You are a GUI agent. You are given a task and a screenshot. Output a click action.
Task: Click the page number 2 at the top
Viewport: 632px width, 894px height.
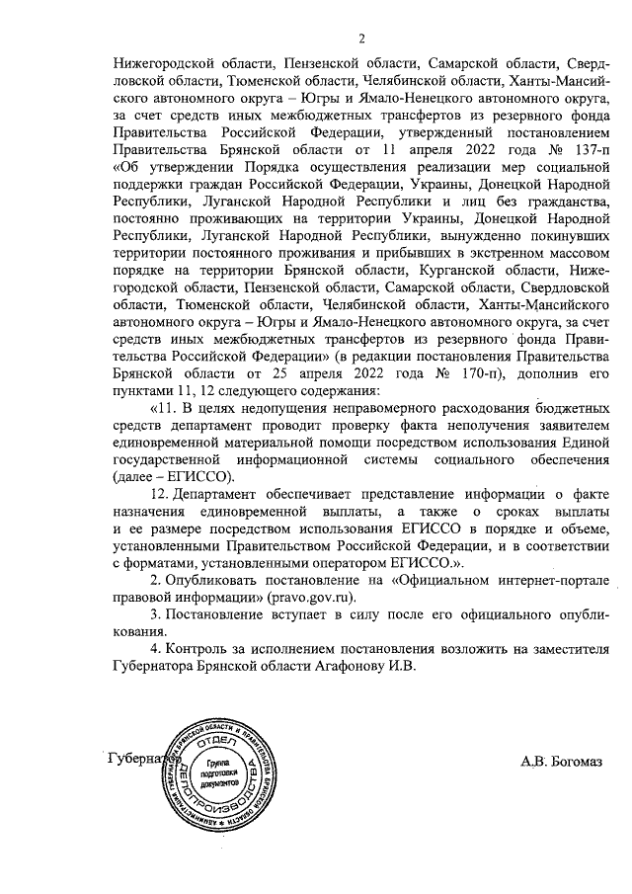(362, 40)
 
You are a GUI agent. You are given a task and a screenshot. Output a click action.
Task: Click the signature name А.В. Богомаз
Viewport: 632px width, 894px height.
(562, 761)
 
